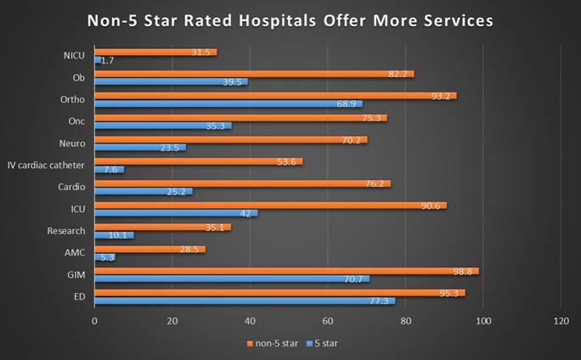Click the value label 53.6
tap(290, 161)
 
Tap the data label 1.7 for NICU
tap(108, 60)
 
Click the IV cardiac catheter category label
tap(46, 165)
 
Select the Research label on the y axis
tap(67, 230)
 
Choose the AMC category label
tap(75, 252)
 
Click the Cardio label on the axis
tap(71, 187)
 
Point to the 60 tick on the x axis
tap(328, 322)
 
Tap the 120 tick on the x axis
tap(560, 322)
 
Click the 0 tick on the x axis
tap(94, 322)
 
